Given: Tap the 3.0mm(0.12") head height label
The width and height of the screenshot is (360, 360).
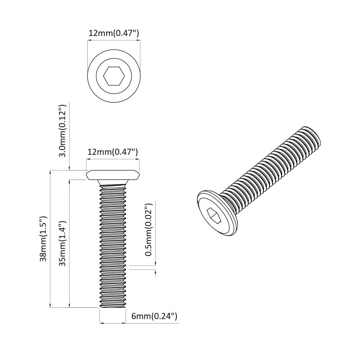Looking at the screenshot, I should pyautogui.click(x=63, y=131).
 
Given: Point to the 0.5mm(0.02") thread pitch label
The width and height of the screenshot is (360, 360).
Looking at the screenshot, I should pyautogui.click(x=148, y=230).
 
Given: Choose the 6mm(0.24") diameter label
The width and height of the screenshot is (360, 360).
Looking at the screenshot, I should pyautogui.click(x=154, y=316).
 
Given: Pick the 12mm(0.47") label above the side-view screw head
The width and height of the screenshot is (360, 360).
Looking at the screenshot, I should pyautogui.click(x=112, y=152).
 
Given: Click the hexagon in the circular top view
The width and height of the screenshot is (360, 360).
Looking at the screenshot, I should pyautogui.click(x=113, y=76).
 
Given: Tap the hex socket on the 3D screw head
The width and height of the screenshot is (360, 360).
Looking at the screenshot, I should pyautogui.click(x=214, y=216).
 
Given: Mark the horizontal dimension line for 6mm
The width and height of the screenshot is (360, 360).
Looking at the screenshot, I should pyautogui.click(x=112, y=323).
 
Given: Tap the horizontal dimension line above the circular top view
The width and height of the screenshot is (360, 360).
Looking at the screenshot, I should pyautogui.click(x=113, y=40).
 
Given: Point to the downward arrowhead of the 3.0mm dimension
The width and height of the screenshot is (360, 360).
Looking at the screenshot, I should pyautogui.click(x=69, y=168).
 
